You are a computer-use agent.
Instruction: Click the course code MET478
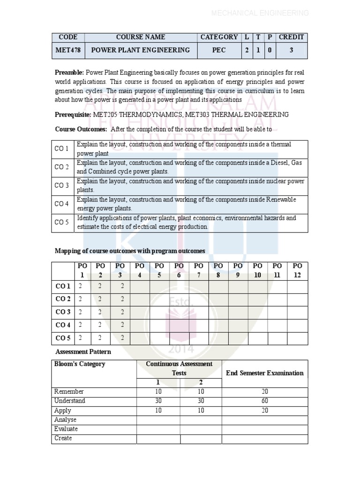tap(67, 50)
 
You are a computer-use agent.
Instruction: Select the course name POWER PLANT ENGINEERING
tap(140, 50)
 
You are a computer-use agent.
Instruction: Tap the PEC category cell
tap(219, 50)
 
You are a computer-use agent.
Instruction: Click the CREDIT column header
tap(291, 37)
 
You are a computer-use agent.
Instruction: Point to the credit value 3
tap(291, 50)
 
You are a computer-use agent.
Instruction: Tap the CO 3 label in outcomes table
tap(62, 186)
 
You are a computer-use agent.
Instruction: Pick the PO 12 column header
tap(297, 270)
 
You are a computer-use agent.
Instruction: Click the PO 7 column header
tap(199, 270)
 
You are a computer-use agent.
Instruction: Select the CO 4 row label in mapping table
tap(63, 325)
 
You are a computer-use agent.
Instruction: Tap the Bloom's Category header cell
tap(80, 364)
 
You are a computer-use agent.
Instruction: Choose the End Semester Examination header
tap(265, 373)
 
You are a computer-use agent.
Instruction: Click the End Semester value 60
tap(265, 401)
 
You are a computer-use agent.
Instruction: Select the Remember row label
tap(69, 391)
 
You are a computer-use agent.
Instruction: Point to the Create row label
tap(63, 438)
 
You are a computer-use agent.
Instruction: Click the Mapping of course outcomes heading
tap(130, 251)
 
